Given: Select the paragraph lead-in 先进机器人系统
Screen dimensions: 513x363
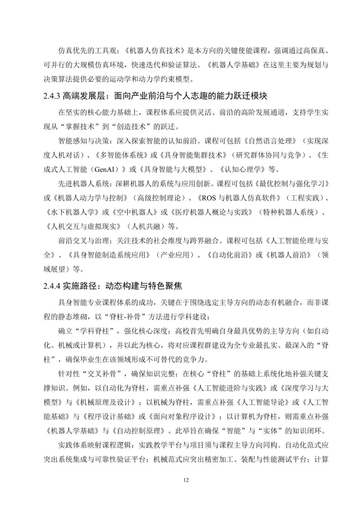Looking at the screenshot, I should point(79,184).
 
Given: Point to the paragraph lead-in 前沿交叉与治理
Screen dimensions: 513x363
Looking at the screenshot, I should point(79,241).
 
